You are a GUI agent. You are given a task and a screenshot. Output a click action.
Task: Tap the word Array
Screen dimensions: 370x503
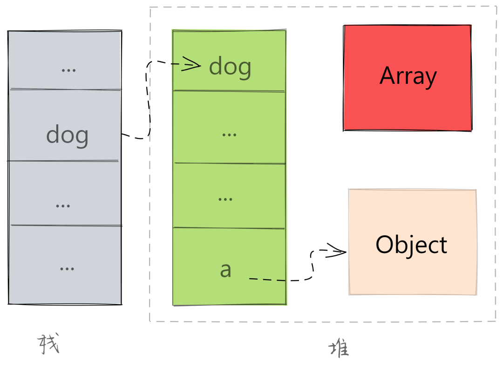[408, 76]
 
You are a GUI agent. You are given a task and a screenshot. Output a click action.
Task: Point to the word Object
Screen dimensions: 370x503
[411, 245]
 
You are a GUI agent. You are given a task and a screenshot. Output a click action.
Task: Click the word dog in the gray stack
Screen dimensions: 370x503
[67, 136]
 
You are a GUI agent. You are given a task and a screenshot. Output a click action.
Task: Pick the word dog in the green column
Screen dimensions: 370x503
[230, 67]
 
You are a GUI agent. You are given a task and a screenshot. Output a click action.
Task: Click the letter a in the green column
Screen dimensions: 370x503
[225, 270]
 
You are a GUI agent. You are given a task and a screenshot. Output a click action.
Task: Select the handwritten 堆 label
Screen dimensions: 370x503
[339, 349]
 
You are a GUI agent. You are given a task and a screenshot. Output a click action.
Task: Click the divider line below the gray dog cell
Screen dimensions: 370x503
[63, 161]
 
